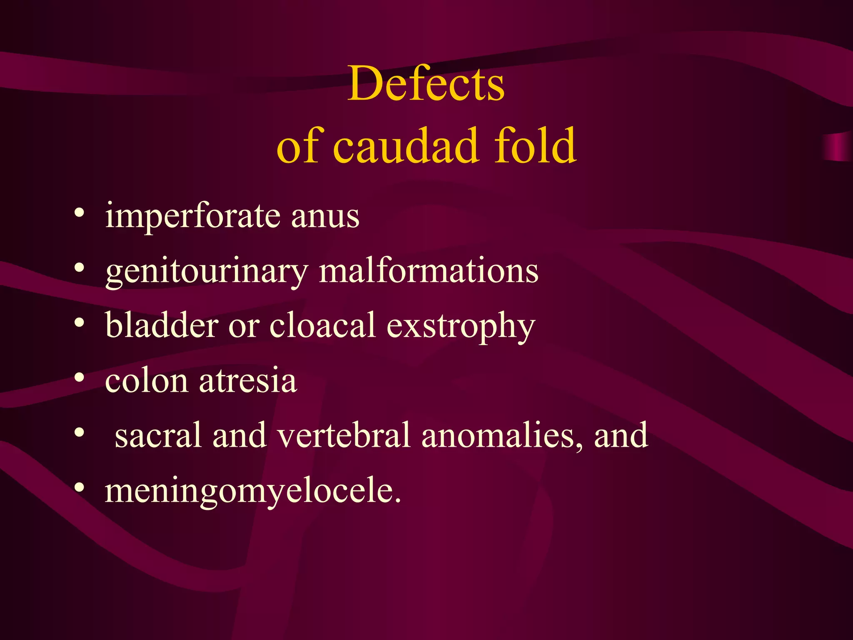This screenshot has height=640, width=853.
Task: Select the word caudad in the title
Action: pos(406,146)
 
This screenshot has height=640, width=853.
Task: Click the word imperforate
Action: pos(192,217)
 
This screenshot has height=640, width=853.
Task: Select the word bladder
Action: pos(162,325)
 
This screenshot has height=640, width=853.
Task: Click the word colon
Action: pos(146,381)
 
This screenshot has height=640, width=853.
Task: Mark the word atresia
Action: pos(248,381)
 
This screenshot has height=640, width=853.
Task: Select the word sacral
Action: pos(158,435)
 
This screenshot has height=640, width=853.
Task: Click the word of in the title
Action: pos(299,146)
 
